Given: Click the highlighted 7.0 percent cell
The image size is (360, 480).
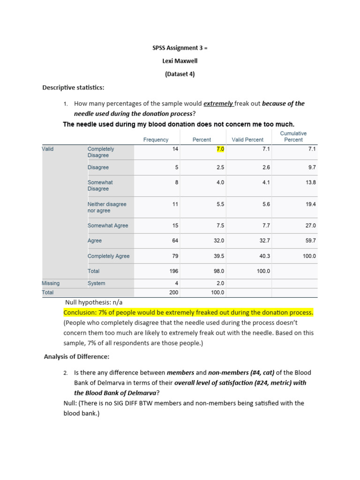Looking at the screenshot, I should [220, 149].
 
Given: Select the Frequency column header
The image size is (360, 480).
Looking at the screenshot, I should [156, 140].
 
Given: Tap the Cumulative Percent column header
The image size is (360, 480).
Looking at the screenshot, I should [293, 136].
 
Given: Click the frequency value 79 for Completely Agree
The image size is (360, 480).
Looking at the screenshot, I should [175, 256].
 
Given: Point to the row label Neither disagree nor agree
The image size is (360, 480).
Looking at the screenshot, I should [107, 207].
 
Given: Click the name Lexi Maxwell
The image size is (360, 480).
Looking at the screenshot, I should [180, 61].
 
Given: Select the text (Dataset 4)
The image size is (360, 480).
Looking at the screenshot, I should [180, 74].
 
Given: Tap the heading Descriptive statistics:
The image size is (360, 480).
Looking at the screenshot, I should [74, 88].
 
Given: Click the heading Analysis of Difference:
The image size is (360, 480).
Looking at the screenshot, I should [76, 357].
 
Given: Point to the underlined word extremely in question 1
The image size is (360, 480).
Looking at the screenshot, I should [218, 104].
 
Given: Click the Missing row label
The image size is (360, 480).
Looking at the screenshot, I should [51, 283].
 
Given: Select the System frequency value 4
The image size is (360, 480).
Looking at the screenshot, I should [177, 283].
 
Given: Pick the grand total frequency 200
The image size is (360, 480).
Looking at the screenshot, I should [174, 292].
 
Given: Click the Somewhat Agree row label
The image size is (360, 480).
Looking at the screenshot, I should [108, 225].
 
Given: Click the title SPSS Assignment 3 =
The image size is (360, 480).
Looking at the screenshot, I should [180, 48].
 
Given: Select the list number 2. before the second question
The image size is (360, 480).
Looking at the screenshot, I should [66, 373].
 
